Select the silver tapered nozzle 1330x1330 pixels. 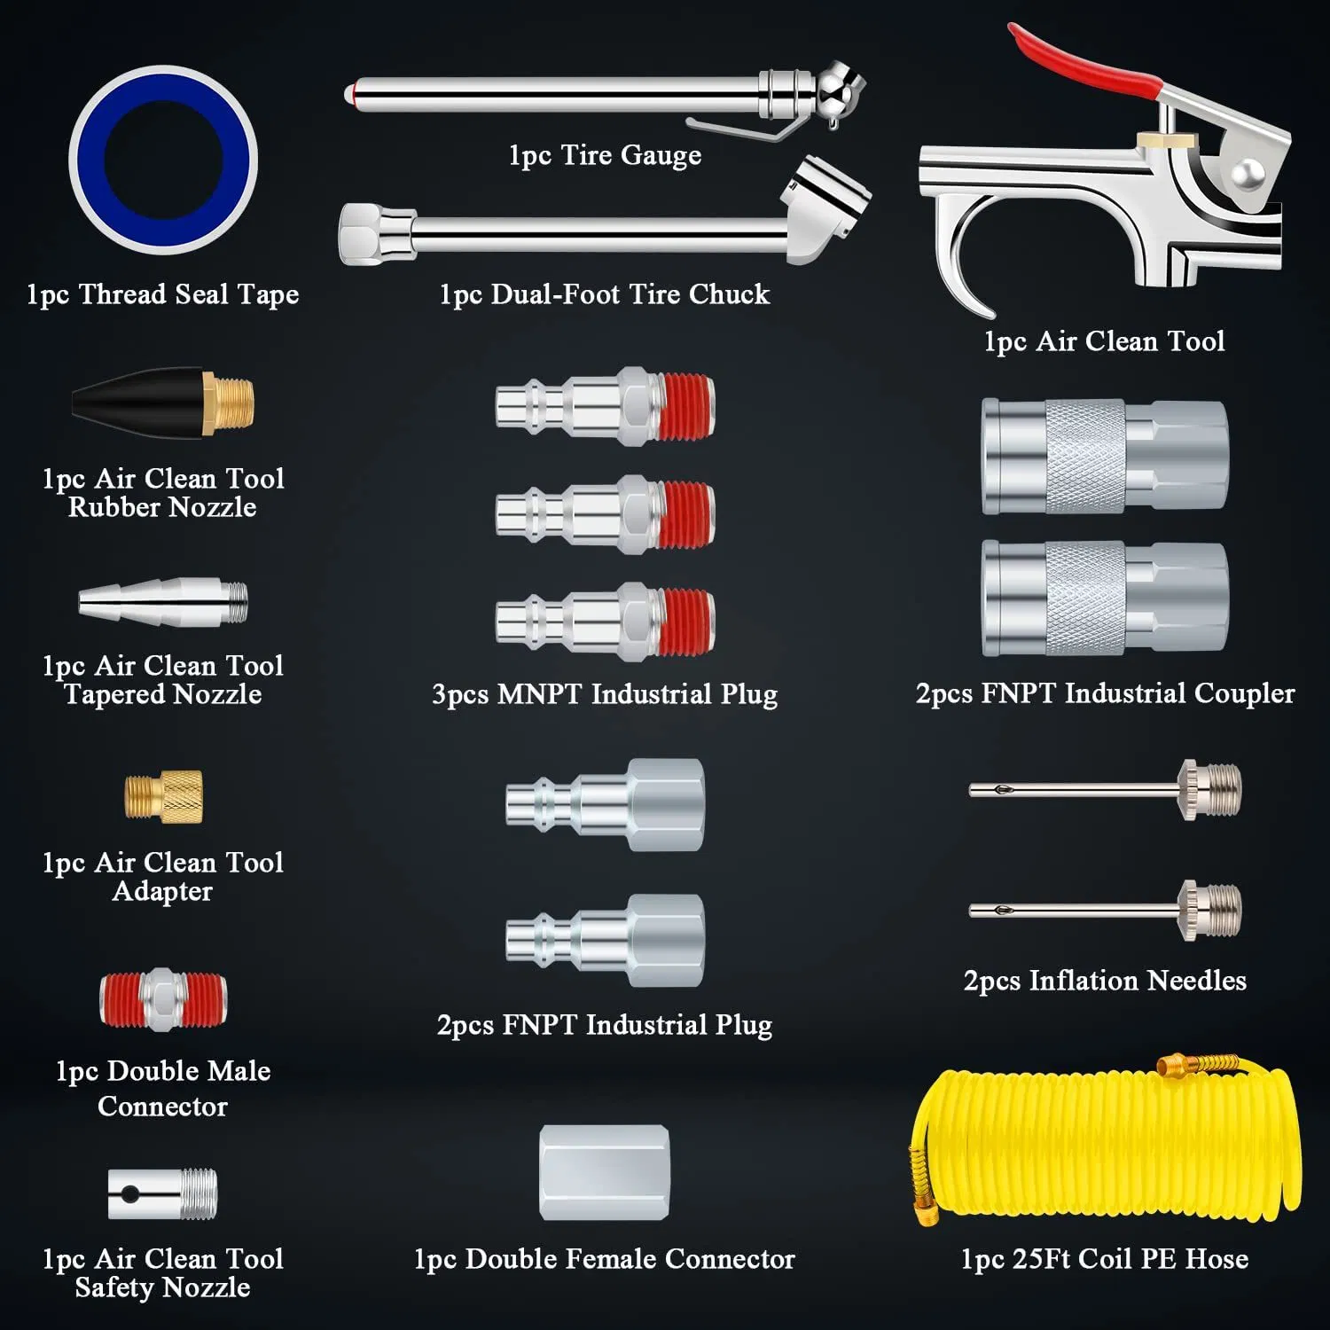162,602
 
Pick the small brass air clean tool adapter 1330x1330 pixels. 163,795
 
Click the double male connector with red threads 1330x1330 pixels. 163,999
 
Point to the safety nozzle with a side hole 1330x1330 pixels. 162,1193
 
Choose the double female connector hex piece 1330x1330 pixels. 605,1172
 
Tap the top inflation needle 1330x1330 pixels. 1104,789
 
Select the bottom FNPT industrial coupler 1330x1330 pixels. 1104,598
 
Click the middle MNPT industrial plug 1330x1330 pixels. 605,514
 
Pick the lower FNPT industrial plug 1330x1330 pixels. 605,940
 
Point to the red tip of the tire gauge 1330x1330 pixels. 352,92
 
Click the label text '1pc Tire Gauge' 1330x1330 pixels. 605,155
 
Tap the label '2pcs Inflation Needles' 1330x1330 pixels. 1104,980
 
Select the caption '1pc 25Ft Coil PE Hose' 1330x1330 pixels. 1104,1259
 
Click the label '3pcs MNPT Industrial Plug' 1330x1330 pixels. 605,693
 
